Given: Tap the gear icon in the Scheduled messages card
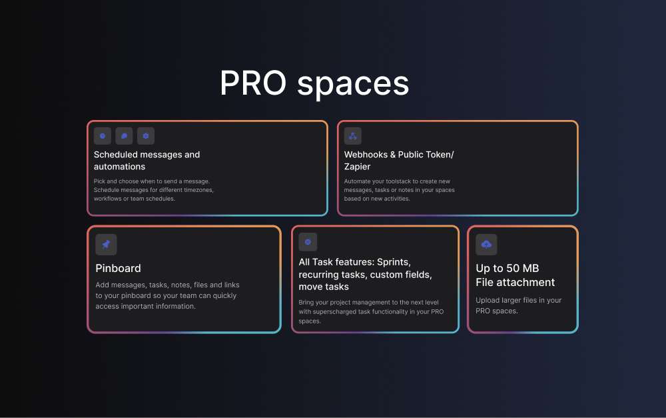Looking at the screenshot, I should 146,136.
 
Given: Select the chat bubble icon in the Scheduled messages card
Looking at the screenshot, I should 124,136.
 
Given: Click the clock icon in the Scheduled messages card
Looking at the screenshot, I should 103,136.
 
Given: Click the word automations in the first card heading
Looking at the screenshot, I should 119,167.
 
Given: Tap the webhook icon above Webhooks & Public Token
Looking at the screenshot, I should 352,136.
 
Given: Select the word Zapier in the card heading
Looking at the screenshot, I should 358,167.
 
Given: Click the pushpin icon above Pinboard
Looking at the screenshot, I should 106,245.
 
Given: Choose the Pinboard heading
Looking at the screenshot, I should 118,268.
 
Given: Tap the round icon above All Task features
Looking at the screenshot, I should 308,241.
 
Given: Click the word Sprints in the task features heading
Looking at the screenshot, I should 394,262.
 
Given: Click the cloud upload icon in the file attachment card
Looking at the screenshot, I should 486,245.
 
